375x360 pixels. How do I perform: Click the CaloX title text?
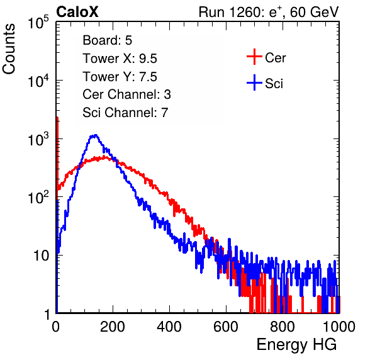[x=77, y=12]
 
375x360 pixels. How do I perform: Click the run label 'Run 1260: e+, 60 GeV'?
[x=269, y=12]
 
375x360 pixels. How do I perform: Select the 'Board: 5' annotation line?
[x=107, y=40]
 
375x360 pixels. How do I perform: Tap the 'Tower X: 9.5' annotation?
[x=120, y=59]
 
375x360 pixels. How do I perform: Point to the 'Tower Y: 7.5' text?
[x=120, y=77]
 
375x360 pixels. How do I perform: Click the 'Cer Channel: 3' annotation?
[x=126, y=94]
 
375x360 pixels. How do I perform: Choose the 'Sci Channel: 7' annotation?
[x=125, y=113]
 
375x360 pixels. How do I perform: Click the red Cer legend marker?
[x=254, y=57]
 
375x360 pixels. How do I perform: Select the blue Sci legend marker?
[x=254, y=82]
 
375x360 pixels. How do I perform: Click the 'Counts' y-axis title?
[x=9, y=49]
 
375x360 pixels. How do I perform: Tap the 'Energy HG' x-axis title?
[x=296, y=345]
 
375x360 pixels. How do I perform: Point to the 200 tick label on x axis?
[x=113, y=327]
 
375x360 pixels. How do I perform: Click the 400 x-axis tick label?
[x=169, y=327]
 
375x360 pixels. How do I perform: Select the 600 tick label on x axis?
[x=226, y=327]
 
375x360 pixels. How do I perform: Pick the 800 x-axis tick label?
[x=283, y=327]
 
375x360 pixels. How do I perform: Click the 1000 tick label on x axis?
[x=339, y=327]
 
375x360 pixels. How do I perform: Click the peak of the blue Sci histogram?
[x=96, y=135]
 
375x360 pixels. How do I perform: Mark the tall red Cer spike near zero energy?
[x=57, y=153]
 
